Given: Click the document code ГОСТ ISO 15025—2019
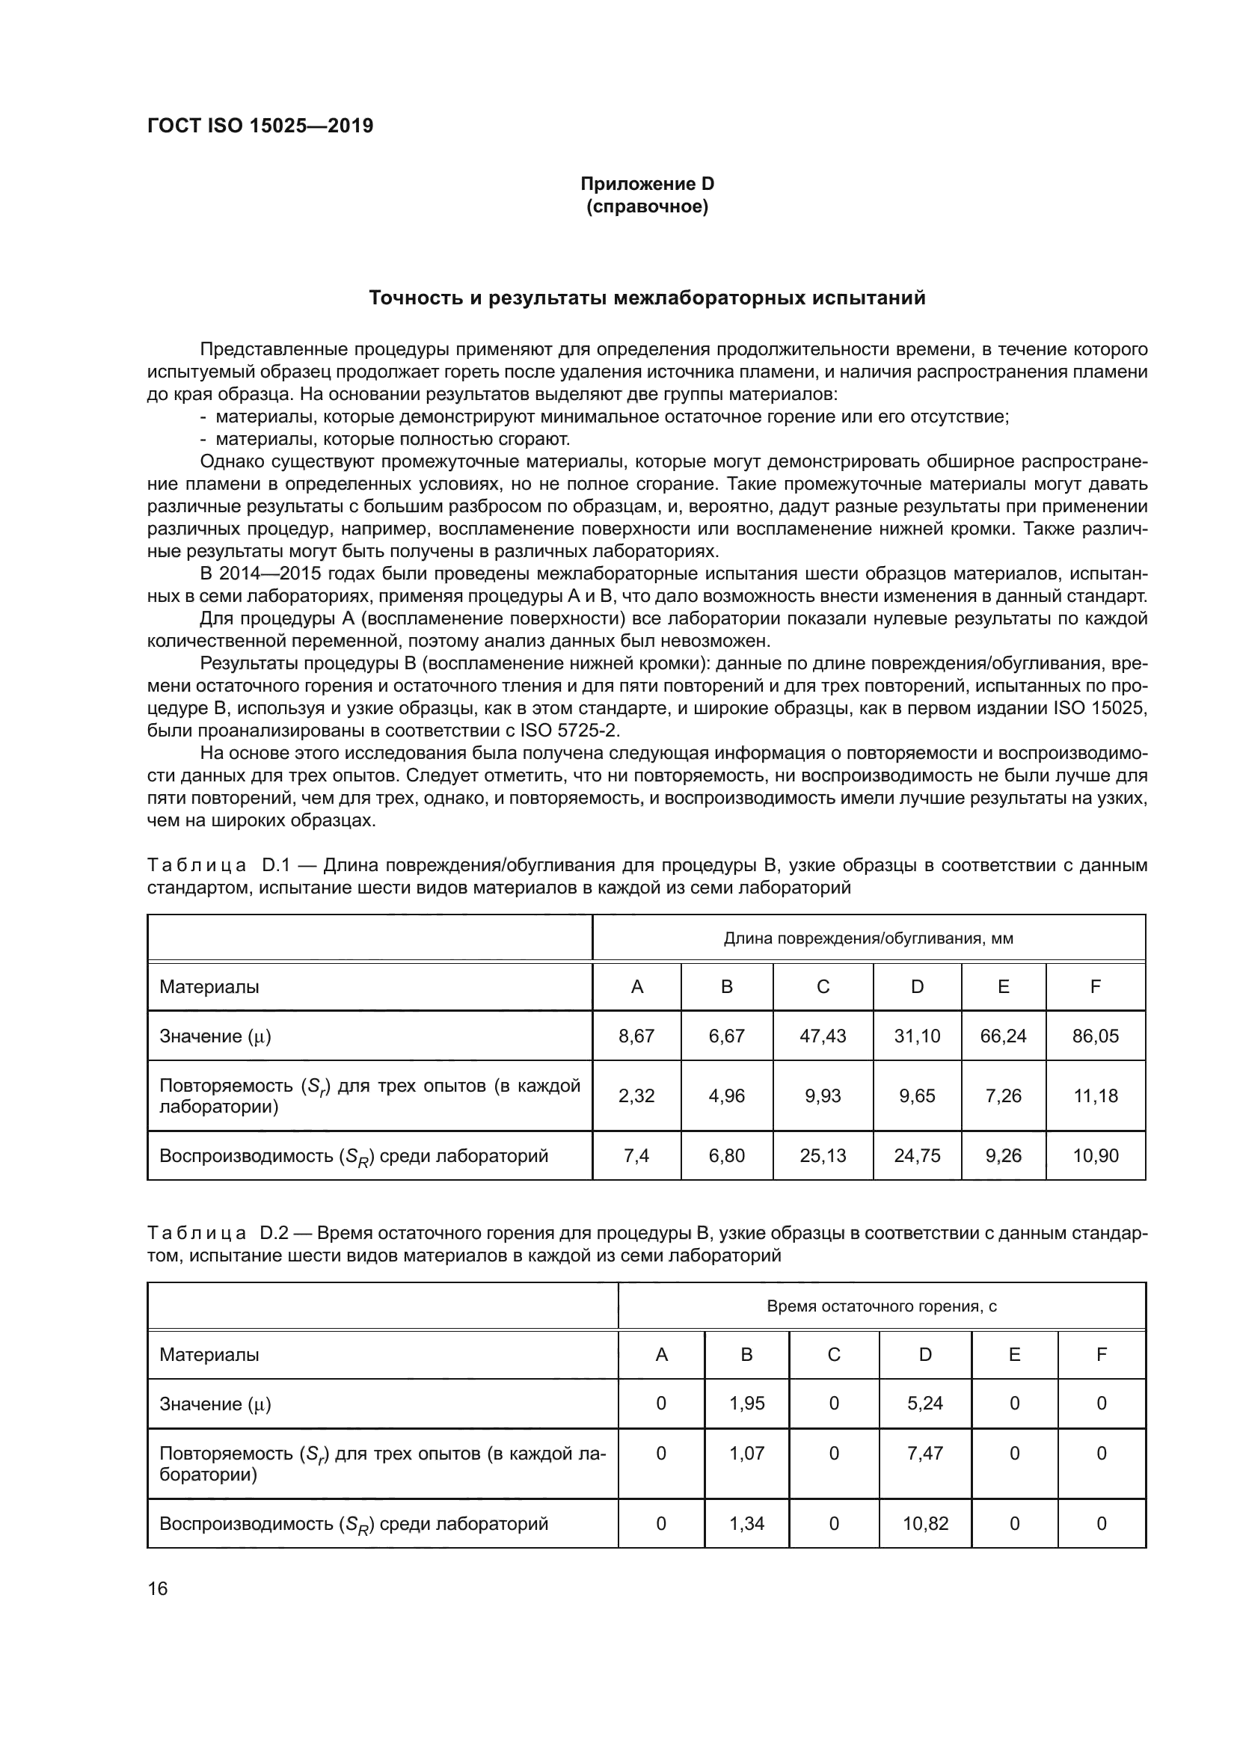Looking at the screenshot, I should pos(260,126).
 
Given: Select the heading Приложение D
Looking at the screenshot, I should pos(647,184).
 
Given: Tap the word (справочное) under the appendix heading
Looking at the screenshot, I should pos(647,206).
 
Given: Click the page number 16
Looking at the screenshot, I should pos(158,1588).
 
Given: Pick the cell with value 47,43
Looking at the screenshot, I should pos(822,1035).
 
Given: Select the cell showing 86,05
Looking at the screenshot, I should pos(1095,1035).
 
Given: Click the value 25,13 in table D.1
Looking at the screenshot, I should pos(822,1155).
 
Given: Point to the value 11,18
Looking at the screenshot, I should pos(1095,1095).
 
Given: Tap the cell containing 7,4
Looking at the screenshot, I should pos(636,1155).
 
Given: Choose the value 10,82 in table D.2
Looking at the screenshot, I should pos(924,1523).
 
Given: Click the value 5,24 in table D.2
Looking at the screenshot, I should pos(924,1403).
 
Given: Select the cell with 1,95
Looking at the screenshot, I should pos(746,1403).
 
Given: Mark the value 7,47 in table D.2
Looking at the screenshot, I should pos(924,1453).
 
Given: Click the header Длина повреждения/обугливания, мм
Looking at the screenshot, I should pos(868,938).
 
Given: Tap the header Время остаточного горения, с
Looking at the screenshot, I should pos(881,1306).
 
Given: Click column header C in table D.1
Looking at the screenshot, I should pos(822,986).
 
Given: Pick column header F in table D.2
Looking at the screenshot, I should pos(1101,1354).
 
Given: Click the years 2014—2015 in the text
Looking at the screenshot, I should pos(271,574).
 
